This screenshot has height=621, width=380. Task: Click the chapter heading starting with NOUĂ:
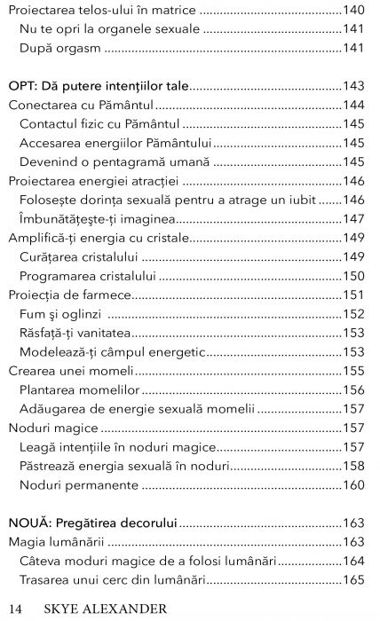[92, 523]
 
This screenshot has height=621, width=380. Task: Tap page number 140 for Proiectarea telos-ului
[354, 13]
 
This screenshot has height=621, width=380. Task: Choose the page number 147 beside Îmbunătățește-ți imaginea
[354, 217]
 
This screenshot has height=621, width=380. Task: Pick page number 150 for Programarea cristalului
[354, 275]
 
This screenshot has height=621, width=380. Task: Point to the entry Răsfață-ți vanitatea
[75, 333]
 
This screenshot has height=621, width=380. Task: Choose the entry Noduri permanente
[80, 484]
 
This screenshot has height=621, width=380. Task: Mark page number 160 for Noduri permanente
[354, 484]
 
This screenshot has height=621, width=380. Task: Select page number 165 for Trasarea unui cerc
[354, 579]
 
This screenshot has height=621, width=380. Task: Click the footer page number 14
[13, 608]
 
